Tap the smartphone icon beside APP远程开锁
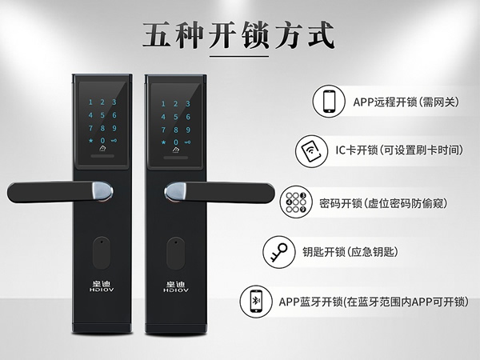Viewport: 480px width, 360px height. tap(329, 102)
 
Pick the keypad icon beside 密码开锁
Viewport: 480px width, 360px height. tap(295, 201)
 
